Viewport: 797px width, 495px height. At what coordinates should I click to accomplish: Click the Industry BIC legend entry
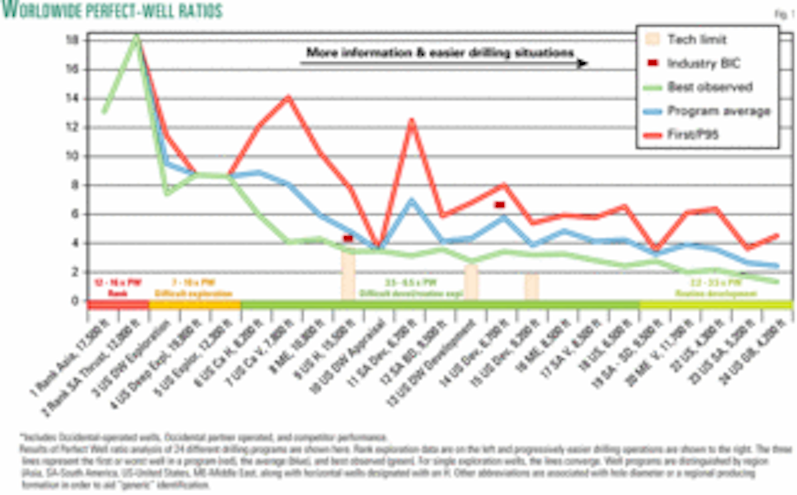694,63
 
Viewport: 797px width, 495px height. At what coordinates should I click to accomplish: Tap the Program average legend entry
708,111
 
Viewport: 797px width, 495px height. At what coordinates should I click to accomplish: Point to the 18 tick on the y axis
73,40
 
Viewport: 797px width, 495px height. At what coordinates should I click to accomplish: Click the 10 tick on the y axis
73,157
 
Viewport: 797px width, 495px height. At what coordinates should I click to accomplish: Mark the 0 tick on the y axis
74,301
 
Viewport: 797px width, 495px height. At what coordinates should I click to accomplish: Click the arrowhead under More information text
583,64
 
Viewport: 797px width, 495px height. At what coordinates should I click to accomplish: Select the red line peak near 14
288,97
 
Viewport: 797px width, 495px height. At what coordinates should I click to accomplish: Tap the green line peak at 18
136,36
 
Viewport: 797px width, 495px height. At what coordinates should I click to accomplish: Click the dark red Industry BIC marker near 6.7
499,204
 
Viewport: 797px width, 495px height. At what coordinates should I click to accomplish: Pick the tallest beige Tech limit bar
348,273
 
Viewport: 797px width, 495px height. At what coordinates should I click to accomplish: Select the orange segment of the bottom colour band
195,305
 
